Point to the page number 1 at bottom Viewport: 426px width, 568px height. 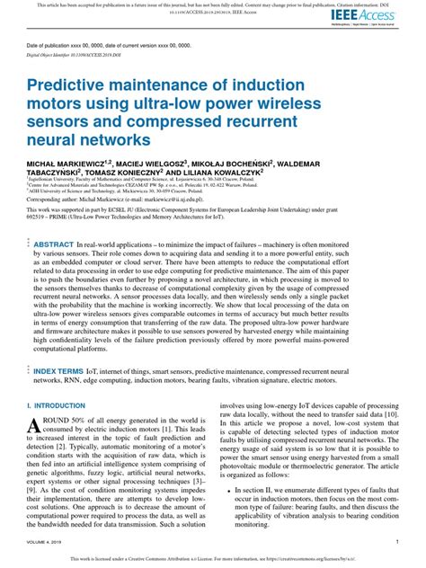point(396,542)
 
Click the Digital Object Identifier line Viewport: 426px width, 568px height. point(69,56)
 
